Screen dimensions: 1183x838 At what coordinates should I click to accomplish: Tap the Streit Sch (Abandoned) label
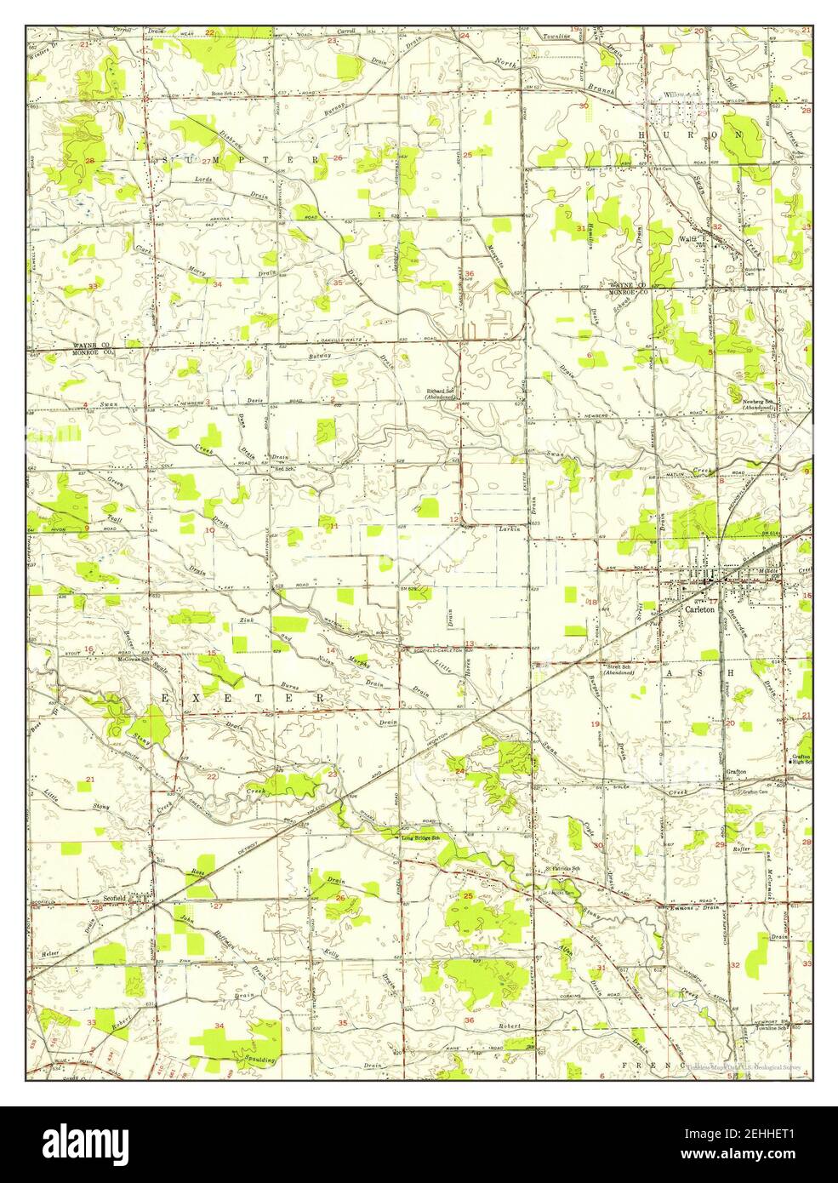[620, 669]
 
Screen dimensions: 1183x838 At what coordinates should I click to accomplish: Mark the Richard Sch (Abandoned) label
[443, 394]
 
